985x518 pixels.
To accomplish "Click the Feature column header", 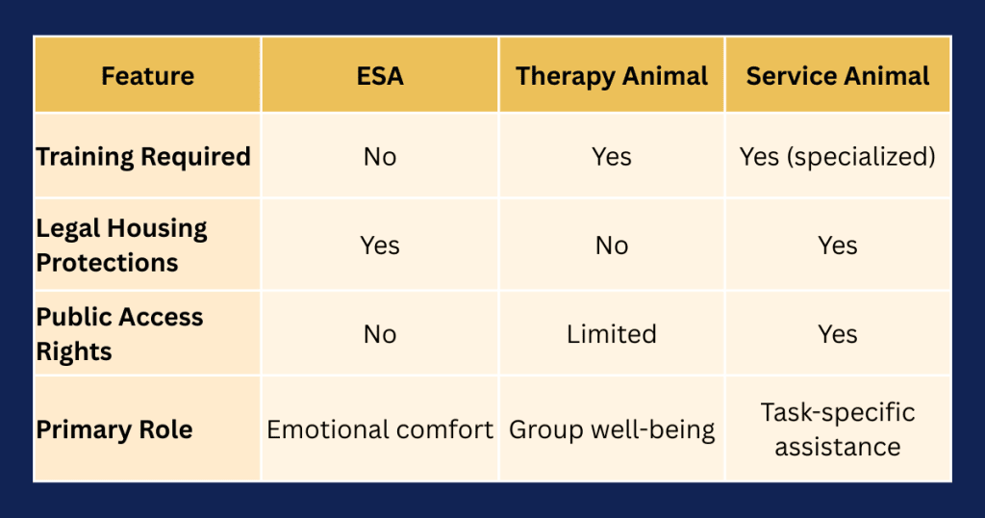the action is coord(147,76).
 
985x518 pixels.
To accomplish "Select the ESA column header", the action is coord(380,76).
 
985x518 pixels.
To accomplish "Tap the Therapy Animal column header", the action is coord(612,76).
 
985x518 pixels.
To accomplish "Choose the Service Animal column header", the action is coord(838,76).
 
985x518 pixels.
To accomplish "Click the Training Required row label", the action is coord(143,157).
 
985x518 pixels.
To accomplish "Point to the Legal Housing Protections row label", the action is coord(121,246).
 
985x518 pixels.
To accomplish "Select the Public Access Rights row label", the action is coord(119,334).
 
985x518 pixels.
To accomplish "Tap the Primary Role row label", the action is coord(114,429).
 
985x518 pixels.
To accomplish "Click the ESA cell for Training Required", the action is coord(380,157).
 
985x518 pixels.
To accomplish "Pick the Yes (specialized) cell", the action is coord(838,157).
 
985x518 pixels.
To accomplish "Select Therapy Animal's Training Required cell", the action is coord(612,157).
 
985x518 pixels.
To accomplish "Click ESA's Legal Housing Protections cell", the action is coord(380,246).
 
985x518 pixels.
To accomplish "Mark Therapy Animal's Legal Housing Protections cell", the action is coord(612,246).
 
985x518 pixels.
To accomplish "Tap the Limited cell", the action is coord(612,334).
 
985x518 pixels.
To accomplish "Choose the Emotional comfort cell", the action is coord(380,429).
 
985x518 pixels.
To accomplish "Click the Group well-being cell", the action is coord(612,429).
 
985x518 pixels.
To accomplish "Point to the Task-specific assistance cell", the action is coord(838,429).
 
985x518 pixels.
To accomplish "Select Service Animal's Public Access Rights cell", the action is coord(838,334).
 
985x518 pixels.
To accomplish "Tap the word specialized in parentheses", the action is coord(861,157).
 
